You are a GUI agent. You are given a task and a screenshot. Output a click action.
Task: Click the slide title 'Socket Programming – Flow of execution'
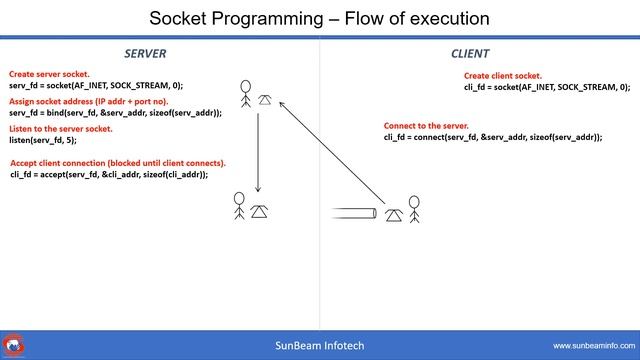tap(320, 18)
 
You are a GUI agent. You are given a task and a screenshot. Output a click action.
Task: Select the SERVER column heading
tap(145, 53)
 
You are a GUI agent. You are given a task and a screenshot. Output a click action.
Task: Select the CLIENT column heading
tap(470, 53)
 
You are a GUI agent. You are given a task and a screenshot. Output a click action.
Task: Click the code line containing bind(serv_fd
tap(115, 113)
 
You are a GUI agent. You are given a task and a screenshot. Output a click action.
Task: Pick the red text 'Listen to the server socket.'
tap(61, 129)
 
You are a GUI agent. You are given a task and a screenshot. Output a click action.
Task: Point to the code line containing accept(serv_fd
tap(109, 174)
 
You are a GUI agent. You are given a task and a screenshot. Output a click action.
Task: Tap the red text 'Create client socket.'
tap(503, 76)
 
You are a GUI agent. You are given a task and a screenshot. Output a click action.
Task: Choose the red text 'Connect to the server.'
tap(426, 126)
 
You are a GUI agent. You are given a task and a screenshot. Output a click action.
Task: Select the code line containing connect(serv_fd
tap(493, 137)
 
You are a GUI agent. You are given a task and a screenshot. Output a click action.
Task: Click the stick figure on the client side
tap(414, 210)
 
